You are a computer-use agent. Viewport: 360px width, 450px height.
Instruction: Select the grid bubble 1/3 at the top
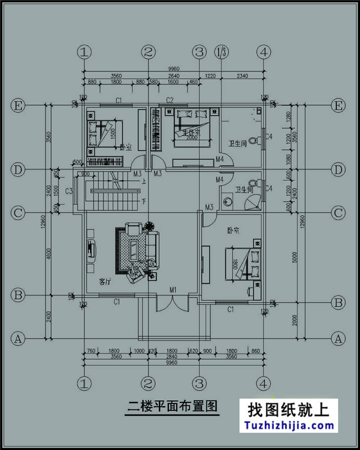(x=221, y=52)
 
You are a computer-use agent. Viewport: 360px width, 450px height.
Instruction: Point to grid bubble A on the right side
(x=338, y=337)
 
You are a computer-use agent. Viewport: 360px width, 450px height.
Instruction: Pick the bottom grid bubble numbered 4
(x=264, y=383)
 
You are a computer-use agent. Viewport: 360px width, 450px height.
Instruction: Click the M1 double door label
(x=173, y=290)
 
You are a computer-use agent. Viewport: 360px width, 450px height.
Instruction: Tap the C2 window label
(x=170, y=100)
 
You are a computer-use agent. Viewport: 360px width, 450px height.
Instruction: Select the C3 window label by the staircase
(x=69, y=191)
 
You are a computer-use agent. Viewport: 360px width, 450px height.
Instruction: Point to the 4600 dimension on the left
(x=49, y=254)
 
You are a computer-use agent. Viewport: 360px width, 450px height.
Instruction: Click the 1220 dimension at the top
(x=210, y=75)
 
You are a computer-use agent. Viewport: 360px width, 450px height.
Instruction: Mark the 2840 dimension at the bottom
(x=173, y=357)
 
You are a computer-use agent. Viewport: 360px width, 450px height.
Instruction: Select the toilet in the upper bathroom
(x=254, y=140)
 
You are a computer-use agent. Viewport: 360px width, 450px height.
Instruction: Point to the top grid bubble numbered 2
(x=148, y=52)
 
